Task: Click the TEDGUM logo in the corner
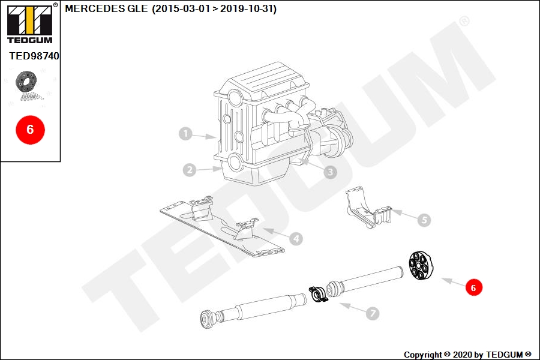point(31,23)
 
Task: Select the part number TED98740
point(34,56)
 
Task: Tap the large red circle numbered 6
point(31,130)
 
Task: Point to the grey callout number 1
point(185,134)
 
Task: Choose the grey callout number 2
point(190,170)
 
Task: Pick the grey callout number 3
point(330,172)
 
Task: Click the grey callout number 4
point(296,238)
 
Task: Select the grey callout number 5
point(424,220)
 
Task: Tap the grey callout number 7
point(372,313)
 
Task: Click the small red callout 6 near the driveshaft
point(473,287)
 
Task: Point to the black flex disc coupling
point(420,266)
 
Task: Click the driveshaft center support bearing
point(318,295)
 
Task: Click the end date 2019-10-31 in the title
point(247,8)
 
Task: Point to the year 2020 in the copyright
point(462,355)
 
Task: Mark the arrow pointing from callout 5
point(404,214)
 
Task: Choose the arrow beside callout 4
point(276,233)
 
